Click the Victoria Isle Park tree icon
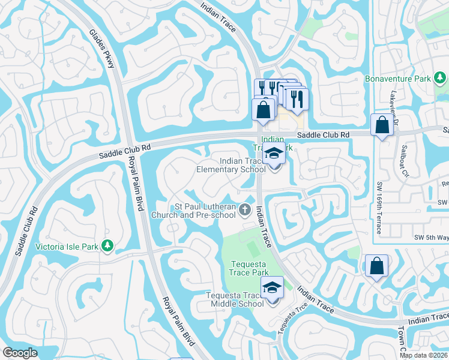pos(108,245)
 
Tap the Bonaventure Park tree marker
pos(440,78)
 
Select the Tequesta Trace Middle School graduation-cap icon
pos(272,287)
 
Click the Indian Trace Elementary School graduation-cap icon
pos(274,154)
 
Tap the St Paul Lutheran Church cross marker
pos(244,209)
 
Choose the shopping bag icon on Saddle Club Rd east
pos(382,125)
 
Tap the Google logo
pos(20,353)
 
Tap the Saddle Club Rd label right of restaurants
pos(323,135)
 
